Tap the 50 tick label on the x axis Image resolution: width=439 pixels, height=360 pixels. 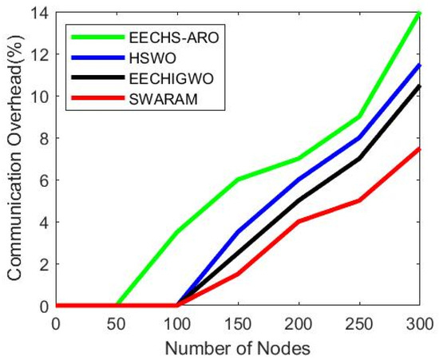pos(117,323)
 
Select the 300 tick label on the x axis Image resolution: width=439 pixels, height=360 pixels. pos(420,323)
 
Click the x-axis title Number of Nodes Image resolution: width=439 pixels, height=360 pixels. pos(238,347)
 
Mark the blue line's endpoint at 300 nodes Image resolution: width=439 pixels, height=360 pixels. pos(420,65)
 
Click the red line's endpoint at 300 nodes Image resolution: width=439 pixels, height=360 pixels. pos(420,148)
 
